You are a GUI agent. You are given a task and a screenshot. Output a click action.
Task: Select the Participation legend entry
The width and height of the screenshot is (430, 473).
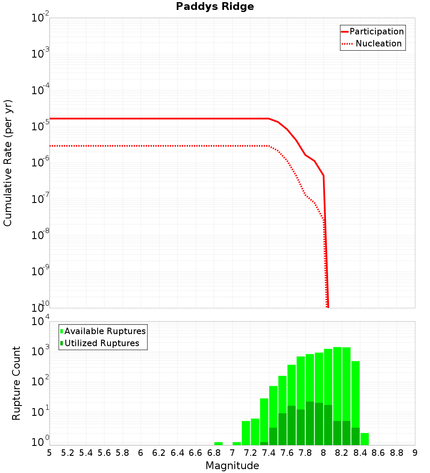click(372, 31)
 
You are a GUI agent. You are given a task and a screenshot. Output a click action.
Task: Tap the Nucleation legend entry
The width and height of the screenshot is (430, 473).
click(372, 43)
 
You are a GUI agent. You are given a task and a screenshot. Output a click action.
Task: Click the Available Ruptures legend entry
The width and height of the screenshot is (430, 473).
click(103, 331)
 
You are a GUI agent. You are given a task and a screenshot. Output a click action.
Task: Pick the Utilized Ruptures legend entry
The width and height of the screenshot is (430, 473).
click(100, 343)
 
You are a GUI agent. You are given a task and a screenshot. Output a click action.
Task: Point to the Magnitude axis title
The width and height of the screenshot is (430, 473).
click(232, 466)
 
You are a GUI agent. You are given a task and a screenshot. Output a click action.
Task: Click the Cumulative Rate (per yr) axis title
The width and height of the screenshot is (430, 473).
click(8, 163)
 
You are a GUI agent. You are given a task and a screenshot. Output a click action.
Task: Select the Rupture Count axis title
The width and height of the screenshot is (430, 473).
click(16, 383)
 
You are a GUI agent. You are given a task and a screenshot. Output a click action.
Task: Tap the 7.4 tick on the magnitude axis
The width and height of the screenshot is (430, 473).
click(269, 453)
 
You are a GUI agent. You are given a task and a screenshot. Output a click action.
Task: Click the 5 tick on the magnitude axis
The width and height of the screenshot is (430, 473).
click(49, 453)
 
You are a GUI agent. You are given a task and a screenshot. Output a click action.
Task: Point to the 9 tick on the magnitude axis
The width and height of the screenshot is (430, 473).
click(415, 453)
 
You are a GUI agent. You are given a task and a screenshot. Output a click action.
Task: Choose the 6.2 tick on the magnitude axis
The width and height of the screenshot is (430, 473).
click(159, 453)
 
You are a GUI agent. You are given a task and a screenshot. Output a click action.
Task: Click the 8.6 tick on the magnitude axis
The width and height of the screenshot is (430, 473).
click(378, 453)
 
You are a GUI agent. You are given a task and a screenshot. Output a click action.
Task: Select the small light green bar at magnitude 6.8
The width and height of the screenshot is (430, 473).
click(218, 443)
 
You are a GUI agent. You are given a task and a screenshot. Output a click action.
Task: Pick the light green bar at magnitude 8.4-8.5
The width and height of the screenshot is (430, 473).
click(365, 439)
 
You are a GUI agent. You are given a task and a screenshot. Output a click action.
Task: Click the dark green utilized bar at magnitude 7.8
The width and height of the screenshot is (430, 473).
click(310, 424)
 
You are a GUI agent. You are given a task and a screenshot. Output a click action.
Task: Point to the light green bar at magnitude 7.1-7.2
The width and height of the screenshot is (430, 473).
click(246, 433)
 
